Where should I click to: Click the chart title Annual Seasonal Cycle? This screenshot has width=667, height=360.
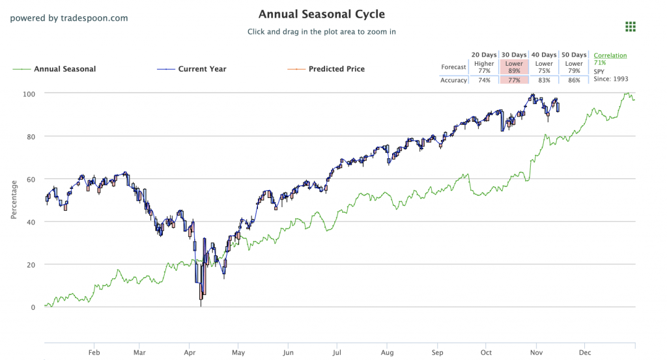[x=321, y=14]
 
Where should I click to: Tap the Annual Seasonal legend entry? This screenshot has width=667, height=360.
[x=64, y=69]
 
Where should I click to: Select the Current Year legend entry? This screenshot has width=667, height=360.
[x=203, y=69]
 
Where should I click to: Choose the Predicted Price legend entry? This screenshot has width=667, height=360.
[x=336, y=69]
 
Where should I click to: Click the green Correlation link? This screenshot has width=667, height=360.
[x=610, y=55]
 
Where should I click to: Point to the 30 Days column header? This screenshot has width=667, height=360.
[x=514, y=55]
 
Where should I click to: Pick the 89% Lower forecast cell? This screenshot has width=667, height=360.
[x=514, y=67]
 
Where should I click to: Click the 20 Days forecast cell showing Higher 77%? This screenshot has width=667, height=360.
[x=484, y=67]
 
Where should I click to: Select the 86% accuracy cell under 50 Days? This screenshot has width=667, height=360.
[x=574, y=80]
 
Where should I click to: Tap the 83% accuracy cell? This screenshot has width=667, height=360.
[x=544, y=80]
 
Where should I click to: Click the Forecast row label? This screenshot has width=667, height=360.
[x=453, y=67]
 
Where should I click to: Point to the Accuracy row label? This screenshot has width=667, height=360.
[x=453, y=80]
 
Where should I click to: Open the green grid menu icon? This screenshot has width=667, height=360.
[x=630, y=27]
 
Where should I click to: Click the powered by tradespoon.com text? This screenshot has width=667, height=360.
[x=69, y=18]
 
